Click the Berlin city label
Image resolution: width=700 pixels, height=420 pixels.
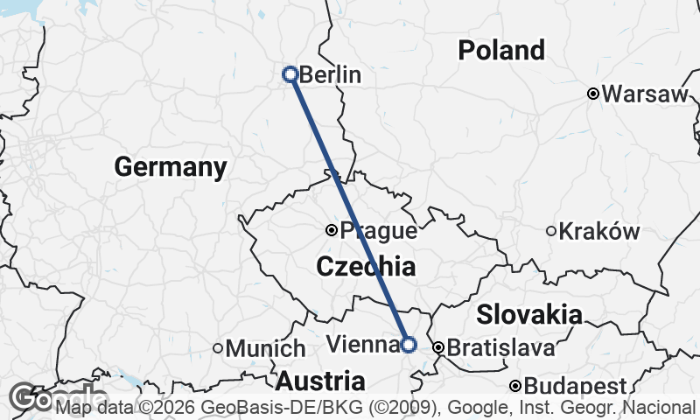point(330,75)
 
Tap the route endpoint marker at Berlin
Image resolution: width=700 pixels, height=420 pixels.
point(290,74)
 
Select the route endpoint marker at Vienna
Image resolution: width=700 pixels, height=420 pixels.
point(408,344)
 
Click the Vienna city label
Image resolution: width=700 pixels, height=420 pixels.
point(361,344)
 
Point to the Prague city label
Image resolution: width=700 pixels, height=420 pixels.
point(378,232)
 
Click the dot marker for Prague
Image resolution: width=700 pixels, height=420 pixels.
point(332,230)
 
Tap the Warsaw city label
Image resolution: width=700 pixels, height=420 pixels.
point(646,94)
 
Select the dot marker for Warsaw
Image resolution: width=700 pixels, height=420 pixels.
point(592,94)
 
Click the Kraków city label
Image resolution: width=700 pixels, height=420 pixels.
point(599,232)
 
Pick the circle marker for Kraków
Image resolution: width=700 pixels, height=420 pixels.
point(551,231)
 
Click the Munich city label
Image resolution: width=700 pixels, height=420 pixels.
point(266,348)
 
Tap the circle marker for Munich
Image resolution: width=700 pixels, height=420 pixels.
point(218,347)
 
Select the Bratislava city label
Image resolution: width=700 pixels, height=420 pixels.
point(500,348)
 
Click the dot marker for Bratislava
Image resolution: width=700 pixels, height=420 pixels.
point(437,347)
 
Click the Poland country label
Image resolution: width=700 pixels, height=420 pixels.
point(501,51)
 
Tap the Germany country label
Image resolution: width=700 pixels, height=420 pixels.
point(170,166)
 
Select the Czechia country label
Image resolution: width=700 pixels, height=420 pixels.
point(366,267)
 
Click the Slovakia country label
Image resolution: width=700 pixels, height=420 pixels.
point(529,314)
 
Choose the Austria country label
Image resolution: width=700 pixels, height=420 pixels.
point(321,381)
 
